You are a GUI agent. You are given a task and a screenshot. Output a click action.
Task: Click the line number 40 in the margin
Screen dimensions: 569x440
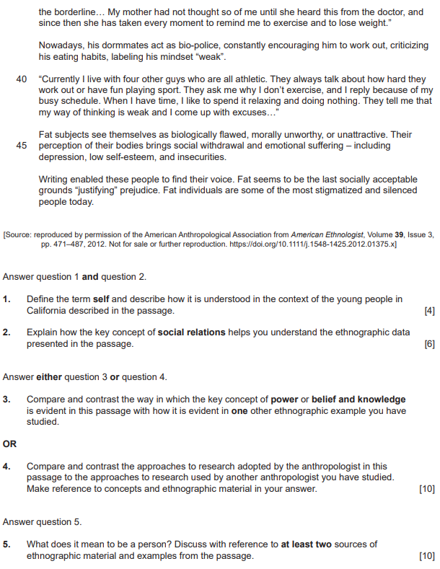pyautogui.click(x=22, y=79)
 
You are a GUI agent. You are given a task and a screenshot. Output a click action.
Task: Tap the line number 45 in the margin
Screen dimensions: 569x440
pyautogui.click(x=22, y=146)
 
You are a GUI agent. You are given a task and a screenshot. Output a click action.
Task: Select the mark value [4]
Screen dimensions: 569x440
pyautogui.click(x=430, y=311)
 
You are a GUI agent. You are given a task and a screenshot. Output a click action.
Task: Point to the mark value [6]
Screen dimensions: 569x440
pyautogui.click(x=430, y=345)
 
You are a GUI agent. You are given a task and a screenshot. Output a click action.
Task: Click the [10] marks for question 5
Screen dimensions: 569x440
pyautogui.click(x=427, y=556)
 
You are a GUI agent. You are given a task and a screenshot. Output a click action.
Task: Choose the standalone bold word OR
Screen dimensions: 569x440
pyautogui.click(x=9, y=444)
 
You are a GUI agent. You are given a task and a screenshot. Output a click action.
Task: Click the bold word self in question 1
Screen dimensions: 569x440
pyautogui.click(x=100, y=299)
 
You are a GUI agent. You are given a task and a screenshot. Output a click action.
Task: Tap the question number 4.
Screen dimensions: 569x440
pyautogui.click(x=6, y=467)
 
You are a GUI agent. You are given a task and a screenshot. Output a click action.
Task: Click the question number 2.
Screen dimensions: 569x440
pyautogui.click(x=6, y=333)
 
